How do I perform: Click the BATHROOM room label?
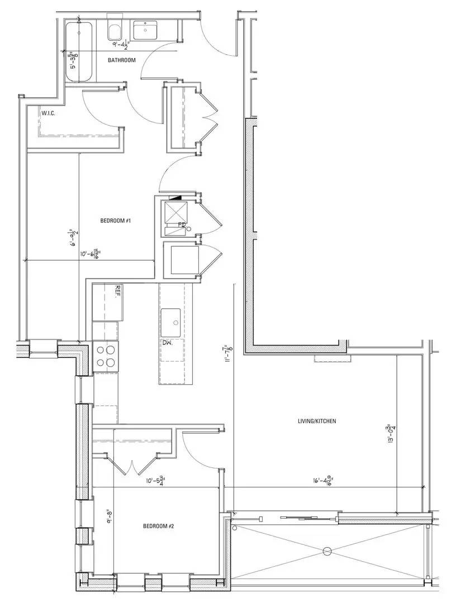(122, 60)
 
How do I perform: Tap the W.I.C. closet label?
(49, 114)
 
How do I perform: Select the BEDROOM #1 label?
(115, 221)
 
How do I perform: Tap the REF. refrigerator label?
(118, 290)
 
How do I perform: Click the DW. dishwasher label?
(167, 343)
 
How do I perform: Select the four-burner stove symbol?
(106, 356)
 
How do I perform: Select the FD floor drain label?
(182, 225)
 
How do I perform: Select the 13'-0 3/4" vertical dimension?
(392, 434)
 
